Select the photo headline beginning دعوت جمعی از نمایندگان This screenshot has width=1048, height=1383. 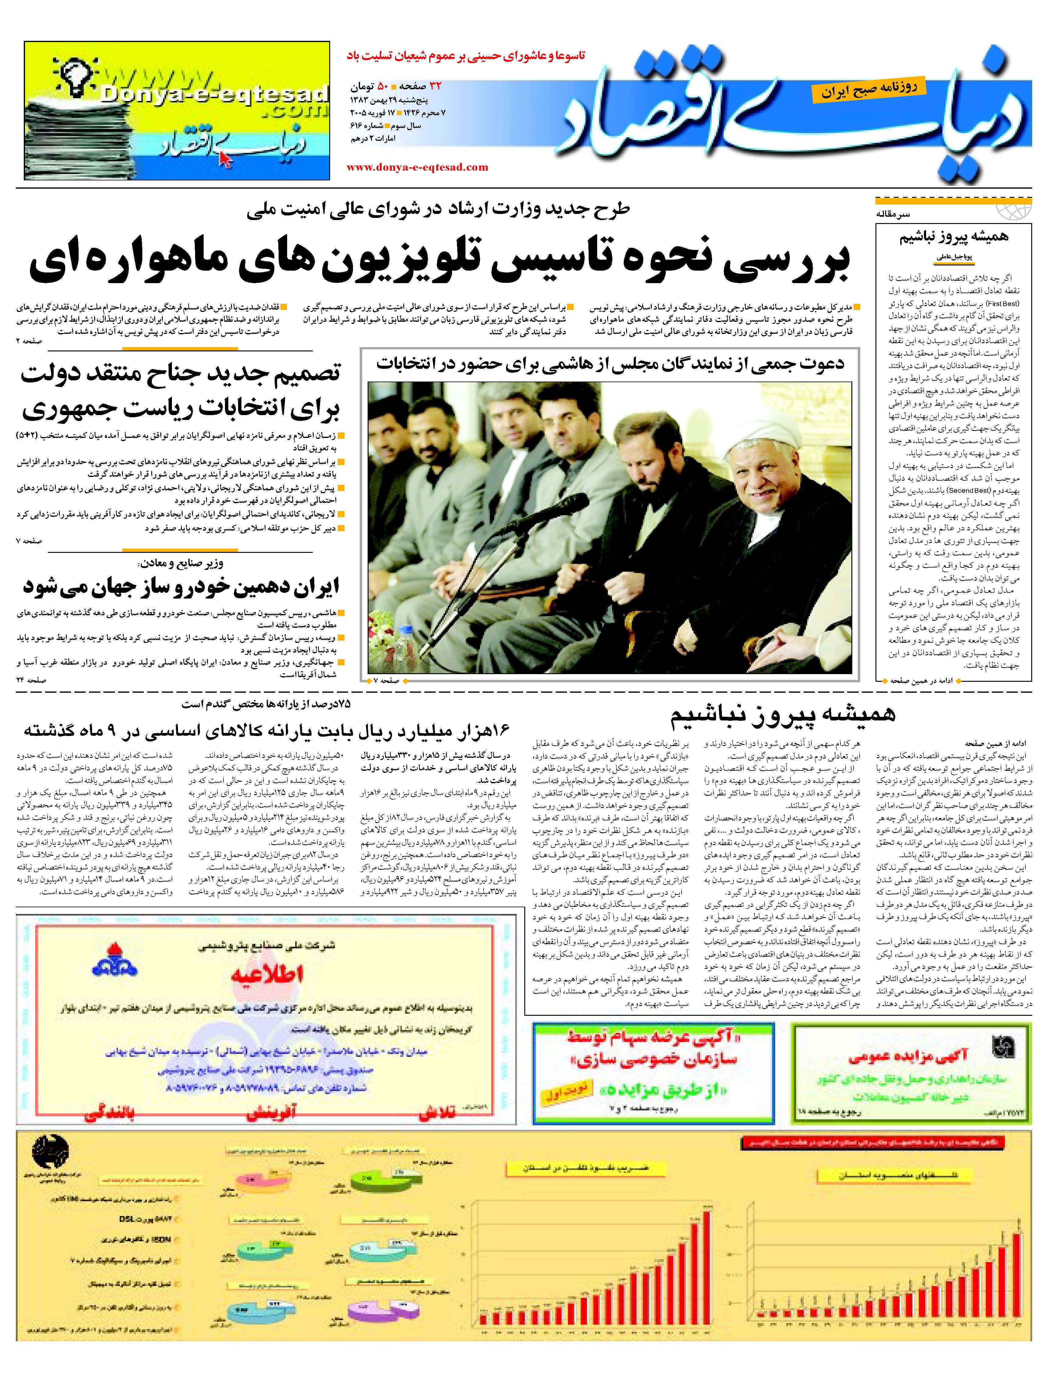[610, 364]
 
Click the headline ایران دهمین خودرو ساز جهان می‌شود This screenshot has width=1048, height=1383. [181, 586]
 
